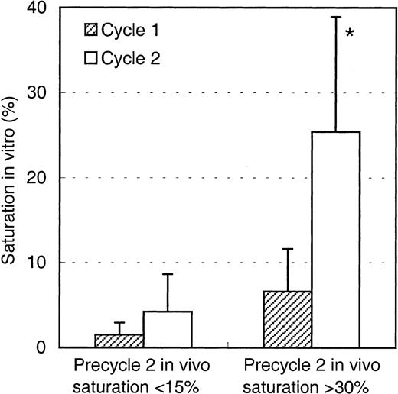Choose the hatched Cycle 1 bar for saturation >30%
[286, 319]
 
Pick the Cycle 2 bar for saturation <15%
[168, 329]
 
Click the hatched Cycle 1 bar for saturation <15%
[119, 341]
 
